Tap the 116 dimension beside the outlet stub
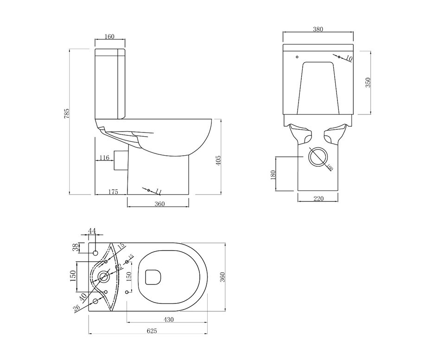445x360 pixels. (x=104, y=158)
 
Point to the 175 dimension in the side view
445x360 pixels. (x=113, y=191)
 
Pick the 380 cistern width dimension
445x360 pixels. (x=318, y=29)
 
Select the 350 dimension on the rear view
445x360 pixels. (x=368, y=82)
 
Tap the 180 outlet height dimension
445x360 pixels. (x=273, y=174)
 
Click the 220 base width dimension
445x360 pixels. (x=318, y=199)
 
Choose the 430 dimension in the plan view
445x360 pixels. (x=168, y=320)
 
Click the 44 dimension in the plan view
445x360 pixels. (x=92, y=231)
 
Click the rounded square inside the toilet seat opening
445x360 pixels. (x=153, y=277)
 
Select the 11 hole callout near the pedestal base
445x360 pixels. (x=158, y=191)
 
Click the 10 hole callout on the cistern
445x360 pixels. (x=349, y=58)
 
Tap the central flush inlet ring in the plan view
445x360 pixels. (x=103, y=278)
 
